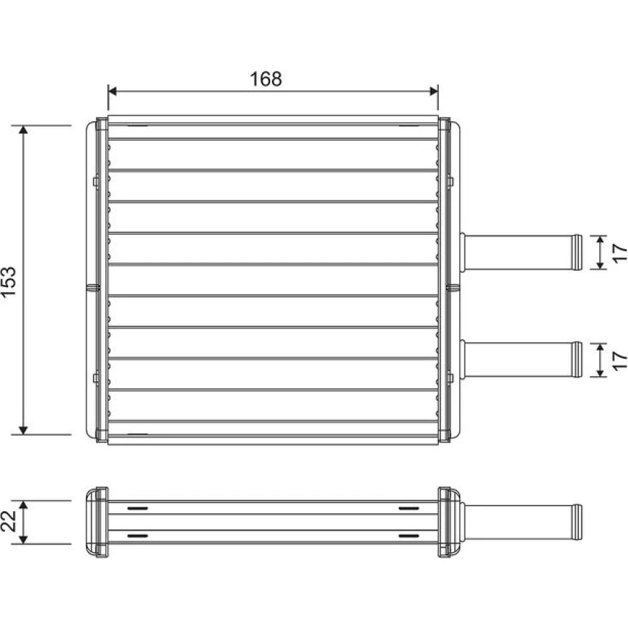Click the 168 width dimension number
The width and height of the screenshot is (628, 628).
266,79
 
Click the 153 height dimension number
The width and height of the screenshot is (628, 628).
9,281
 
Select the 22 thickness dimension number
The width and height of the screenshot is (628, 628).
9,521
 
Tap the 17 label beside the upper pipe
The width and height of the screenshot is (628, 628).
620,252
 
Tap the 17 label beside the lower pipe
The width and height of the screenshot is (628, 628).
620,360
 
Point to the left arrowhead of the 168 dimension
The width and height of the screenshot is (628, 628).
112,91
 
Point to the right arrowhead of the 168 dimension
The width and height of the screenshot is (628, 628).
433,91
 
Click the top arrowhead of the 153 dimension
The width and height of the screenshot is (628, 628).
24,130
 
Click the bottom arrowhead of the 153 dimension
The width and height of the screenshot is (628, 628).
24,430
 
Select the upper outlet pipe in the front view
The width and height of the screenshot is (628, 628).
521,252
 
